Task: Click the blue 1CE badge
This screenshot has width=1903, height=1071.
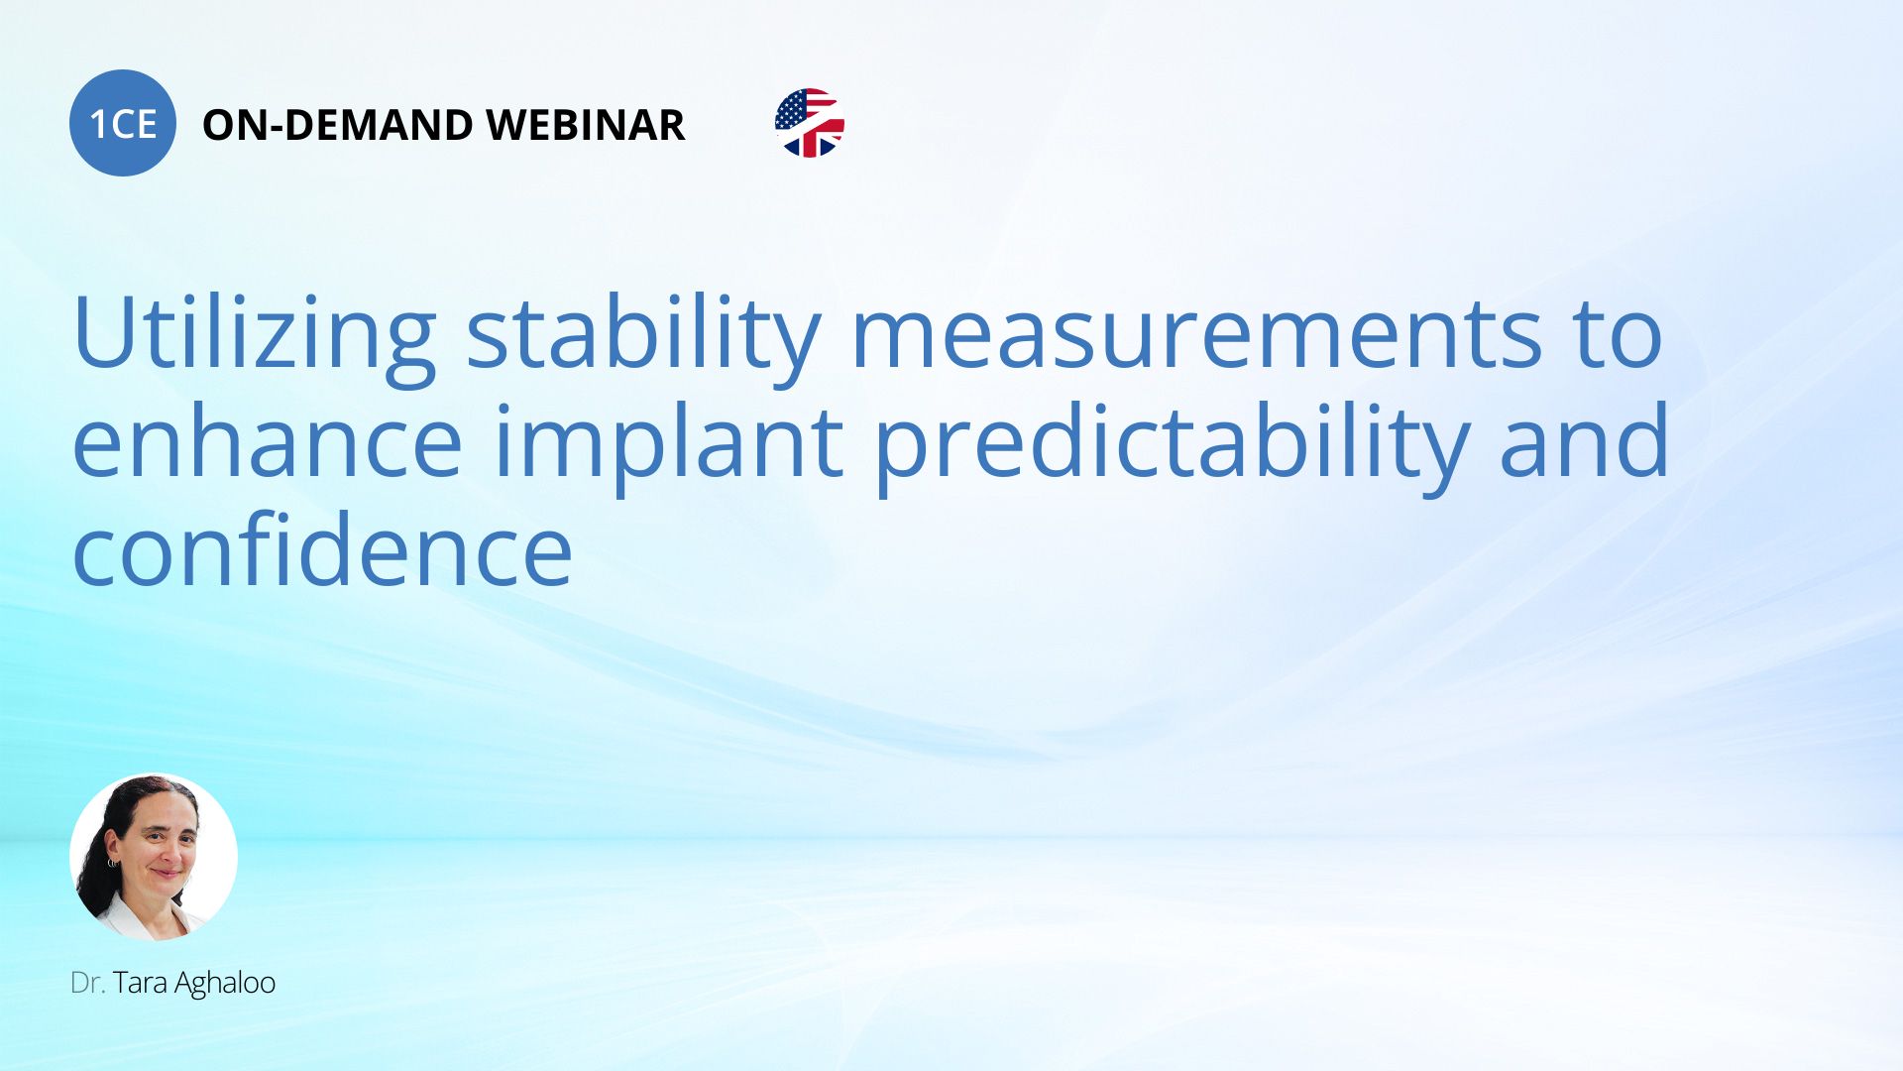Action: (123, 123)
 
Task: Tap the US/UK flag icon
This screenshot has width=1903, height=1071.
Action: (810, 123)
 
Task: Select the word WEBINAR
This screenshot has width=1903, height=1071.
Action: (585, 125)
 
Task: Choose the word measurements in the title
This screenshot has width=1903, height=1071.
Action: (1197, 333)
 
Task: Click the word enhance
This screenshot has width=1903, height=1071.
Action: (268, 440)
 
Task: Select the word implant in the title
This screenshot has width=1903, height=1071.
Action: (668, 446)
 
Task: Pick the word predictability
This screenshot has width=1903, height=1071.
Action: (1171, 446)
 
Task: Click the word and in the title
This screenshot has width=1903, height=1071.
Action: (1584, 440)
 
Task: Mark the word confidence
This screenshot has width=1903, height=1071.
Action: (323, 549)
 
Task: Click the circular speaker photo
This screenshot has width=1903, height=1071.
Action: (154, 857)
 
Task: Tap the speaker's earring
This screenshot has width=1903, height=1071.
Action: (112, 864)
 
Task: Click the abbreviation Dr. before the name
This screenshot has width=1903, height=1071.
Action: (87, 983)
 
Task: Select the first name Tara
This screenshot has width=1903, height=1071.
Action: (140, 983)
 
